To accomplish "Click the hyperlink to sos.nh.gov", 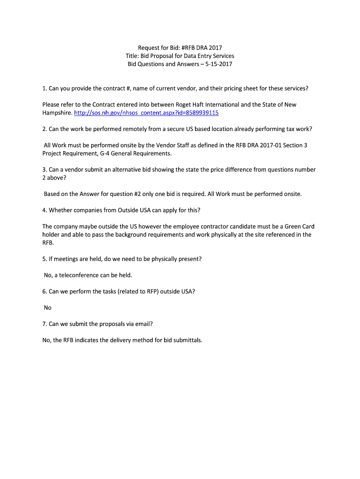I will [146, 113].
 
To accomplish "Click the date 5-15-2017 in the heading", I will [216, 64].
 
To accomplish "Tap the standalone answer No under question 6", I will [48, 308].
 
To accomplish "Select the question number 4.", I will [44, 210].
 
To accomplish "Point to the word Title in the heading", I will [133, 56].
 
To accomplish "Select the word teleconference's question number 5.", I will [44, 259].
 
